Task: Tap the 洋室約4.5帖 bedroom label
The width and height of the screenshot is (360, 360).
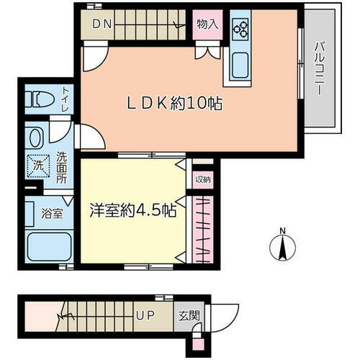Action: (x=133, y=211)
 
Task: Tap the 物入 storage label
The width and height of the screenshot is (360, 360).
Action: (x=207, y=24)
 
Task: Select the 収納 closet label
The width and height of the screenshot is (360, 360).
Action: (x=202, y=180)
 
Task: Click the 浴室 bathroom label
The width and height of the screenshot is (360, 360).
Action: (x=50, y=214)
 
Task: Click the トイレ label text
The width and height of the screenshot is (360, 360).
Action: (x=66, y=99)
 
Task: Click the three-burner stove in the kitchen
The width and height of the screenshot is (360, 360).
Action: (x=240, y=30)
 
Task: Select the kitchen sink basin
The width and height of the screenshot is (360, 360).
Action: (x=240, y=64)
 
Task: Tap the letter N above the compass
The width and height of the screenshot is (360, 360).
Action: (x=283, y=230)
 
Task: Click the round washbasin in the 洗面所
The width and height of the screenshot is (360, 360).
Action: (x=35, y=137)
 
